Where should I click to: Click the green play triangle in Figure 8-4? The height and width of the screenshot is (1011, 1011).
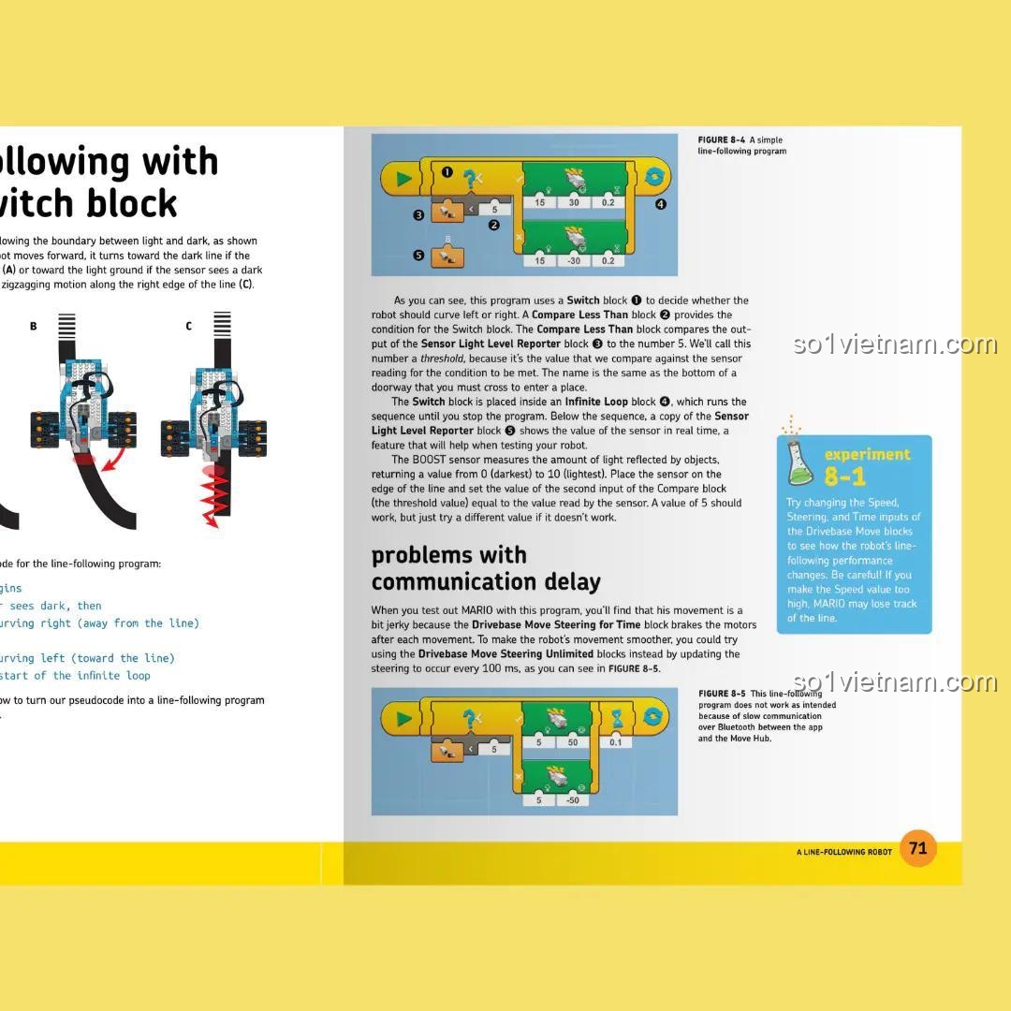(x=404, y=179)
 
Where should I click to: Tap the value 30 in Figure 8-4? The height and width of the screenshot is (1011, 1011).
(x=574, y=202)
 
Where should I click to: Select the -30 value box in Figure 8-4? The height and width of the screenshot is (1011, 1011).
(x=574, y=260)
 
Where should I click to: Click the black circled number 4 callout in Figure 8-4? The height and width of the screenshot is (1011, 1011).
(x=660, y=204)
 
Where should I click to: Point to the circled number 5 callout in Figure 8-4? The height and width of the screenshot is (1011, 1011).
(x=418, y=255)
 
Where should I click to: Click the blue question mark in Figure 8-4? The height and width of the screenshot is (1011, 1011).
(x=471, y=176)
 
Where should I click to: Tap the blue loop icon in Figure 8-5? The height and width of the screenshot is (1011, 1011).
(x=653, y=718)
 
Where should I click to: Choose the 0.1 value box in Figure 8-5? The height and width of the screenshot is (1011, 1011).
(x=615, y=742)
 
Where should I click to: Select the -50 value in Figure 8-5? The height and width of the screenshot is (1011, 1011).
(x=572, y=800)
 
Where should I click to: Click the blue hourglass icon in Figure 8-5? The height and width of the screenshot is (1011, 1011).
(x=618, y=718)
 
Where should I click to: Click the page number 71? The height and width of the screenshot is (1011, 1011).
(x=917, y=848)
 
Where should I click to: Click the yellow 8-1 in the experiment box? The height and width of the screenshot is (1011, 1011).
(x=845, y=477)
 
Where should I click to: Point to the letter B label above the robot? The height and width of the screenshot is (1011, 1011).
(x=34, y=326)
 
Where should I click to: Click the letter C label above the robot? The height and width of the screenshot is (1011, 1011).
(x=188, y=326)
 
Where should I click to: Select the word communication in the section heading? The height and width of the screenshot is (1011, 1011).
(x=442, y=582)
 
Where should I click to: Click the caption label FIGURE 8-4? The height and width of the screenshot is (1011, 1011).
(x=721, y=140)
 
